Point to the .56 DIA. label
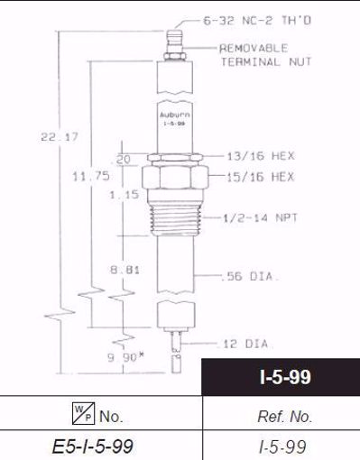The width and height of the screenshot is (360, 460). pos(244,275)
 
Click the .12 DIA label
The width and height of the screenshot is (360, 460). pos(244,344)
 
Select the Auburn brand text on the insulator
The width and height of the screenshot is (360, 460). pos(175,115)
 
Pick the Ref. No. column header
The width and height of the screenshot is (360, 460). pos(280,417)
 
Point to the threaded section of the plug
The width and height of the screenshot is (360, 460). pos(176,217)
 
